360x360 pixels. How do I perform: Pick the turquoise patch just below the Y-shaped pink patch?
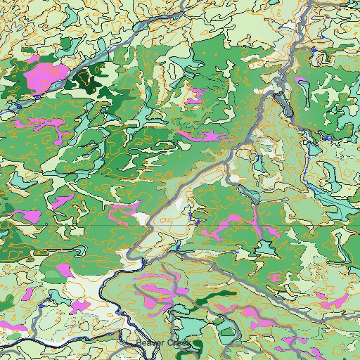pyautogui.click(x=266, y=246)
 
